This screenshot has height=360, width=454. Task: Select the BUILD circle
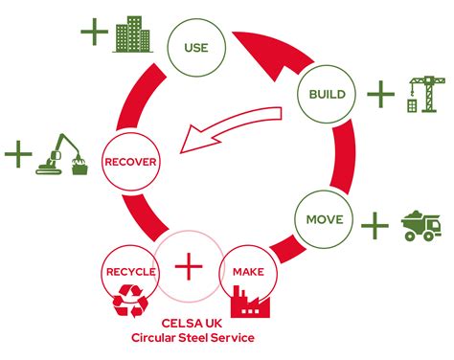(327, 95)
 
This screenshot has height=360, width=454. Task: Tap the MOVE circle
(324, 219)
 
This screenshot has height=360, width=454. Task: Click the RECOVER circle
(129, 162)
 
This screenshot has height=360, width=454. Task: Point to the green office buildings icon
(132, 35)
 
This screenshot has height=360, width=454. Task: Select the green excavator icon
(62, 156)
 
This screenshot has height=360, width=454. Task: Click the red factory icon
(252, 304)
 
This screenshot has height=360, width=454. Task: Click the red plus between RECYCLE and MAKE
(190, 265)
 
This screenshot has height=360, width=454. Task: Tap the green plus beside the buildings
(93, 33)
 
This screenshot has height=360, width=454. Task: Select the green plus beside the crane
(380, 94)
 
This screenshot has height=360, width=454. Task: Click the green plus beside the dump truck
(375, 226)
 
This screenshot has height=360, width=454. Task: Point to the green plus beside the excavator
(17, 153)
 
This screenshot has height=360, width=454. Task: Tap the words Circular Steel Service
(190, 338)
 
